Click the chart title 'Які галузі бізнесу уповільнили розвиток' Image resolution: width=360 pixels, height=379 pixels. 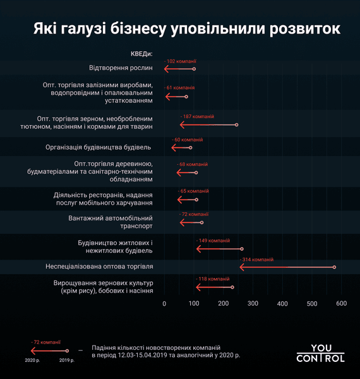(x=186, y=30)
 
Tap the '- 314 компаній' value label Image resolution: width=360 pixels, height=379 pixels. (x=256, y=260)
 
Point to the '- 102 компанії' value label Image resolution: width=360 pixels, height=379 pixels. (x=180, y=61)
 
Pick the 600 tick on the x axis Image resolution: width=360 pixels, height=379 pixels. (x=342, y=304)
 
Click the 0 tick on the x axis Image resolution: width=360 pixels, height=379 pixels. (x=164, y=304)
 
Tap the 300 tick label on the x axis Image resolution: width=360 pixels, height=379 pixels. (x=253, y=304)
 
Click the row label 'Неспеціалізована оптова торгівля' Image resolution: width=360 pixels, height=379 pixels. (x=99, y=267)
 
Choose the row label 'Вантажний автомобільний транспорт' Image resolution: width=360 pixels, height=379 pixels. (x=111, y=222)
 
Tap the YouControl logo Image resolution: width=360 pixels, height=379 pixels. (x=320, y=353)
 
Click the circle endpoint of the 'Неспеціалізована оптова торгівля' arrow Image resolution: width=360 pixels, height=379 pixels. (x=334, y=267)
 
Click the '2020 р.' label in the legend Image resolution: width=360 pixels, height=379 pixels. (x=33, y=359)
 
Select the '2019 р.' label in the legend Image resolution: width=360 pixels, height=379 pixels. (x=66, y=359)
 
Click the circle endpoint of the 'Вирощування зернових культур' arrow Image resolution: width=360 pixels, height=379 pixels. (x=232, y=287)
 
